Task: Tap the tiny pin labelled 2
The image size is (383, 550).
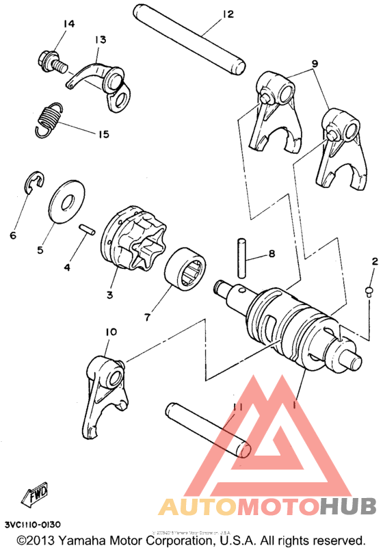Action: pyautogui.click(x=368, y=292)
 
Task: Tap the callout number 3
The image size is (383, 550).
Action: pyautogui.click(x=109, y=295)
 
